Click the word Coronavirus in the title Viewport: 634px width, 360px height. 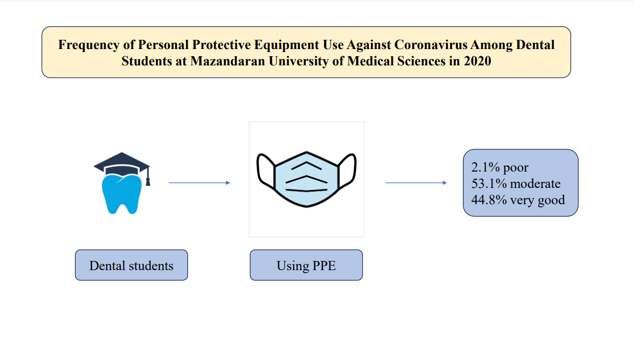(x=431, y=45)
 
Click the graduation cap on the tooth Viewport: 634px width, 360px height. (x=122, y=163)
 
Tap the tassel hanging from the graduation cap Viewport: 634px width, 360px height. (x=148, y=177)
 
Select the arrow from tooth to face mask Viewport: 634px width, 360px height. (x=200, y=183)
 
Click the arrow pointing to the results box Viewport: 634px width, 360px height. (x=416, y=183)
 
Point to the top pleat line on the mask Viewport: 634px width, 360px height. (x=307, y=165)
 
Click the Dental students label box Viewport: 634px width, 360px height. (x=131, y=265)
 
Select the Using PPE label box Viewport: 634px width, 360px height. (x=306, y=265)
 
